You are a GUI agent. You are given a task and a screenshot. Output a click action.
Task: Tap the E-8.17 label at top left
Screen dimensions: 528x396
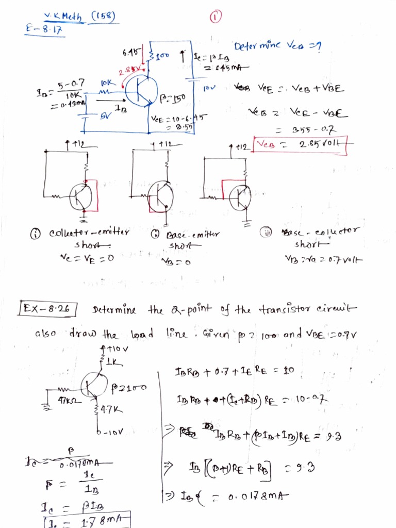coord(44,30)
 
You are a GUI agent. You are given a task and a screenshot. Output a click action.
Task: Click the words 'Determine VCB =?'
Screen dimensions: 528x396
coord(277,47)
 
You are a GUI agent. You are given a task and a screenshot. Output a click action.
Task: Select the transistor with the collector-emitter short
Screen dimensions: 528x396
coord(81,196)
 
